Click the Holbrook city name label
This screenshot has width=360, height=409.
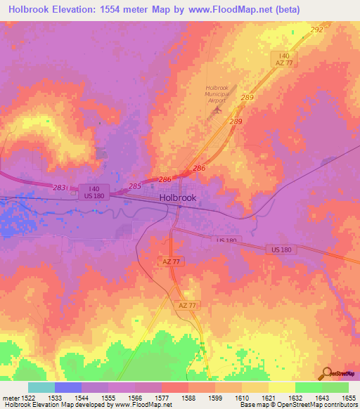[x=178, y=198]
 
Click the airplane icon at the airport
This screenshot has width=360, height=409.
[x=217, y=110]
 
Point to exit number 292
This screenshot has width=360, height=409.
[x=316, y=30]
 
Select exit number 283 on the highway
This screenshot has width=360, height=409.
[x=59, y=187]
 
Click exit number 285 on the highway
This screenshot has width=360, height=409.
[x=135, y=186]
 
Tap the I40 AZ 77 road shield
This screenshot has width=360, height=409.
[x=284, y=59]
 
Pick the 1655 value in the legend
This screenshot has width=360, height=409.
[x=348, y=398]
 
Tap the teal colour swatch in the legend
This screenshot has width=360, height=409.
[x=41, y=387]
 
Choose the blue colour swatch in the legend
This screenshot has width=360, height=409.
[x=68, y=387]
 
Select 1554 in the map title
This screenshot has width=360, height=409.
[x=118, y=10]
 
